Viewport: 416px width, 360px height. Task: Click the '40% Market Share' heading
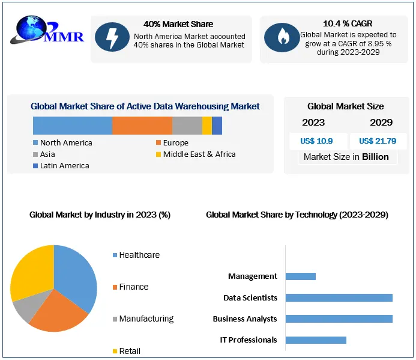pyautogui.click(x=178, y=24)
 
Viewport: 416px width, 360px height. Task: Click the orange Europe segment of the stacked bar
pyautogui.click(x=142, y=126)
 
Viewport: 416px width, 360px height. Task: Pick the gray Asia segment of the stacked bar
pyautogui.click(x=187, y=126)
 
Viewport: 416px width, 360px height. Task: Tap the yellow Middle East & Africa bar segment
pyautogui.click(x=206, y=126)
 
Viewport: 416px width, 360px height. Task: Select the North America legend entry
pyautogui.click(x=62, y=143)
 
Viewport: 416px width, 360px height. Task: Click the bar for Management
pyautogui.click(x=300, y=276)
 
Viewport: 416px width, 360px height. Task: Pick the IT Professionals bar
pyautogui.click(x=316, y=340)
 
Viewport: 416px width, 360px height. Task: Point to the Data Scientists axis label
pyautogui.click(x=250, y=297)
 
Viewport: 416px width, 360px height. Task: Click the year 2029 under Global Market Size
pyautogui.click(x=381, y=123)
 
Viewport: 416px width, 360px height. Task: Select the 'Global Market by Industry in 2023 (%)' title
pyautogui.click(x=100, y=215)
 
